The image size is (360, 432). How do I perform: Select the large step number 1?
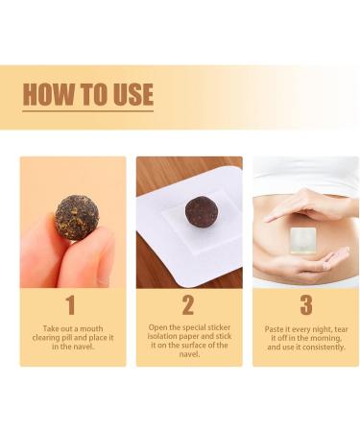pyautogui.click(x=69, y=305)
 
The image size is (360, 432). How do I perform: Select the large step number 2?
pyautogui.click(x=188, y=305)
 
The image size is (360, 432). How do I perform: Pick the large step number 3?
pyautogui.click(x=305, y=305)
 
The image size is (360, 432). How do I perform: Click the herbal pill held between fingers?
pyautogui.click(x=76, y=217)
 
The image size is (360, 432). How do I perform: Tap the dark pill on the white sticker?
pyautogui.click(x=201, y=211)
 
